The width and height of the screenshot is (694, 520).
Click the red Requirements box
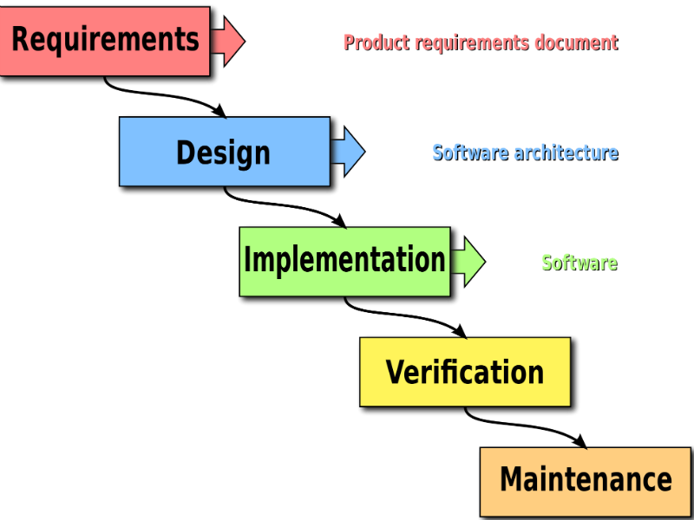coord(104,41)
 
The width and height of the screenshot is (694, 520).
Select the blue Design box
coord(225,151)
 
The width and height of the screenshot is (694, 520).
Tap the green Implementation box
coord(344,262)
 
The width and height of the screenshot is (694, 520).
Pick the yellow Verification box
coord(465,372)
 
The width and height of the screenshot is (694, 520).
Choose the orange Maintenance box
coord(586,482)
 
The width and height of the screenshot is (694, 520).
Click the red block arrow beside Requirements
coord(227,41)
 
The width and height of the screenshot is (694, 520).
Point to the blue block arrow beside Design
coord(348,151)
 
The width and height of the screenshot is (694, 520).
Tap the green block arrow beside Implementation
coord(468,262)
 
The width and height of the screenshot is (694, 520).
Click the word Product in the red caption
coord(376,42)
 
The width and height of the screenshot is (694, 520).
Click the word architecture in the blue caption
coord(566,153)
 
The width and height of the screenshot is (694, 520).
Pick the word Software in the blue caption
coord(470,153)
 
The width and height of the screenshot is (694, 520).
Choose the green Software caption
coord(579,263)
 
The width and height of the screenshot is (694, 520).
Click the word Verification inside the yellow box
coord(465,372)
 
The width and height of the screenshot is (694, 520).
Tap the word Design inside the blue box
coord(224,153)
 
